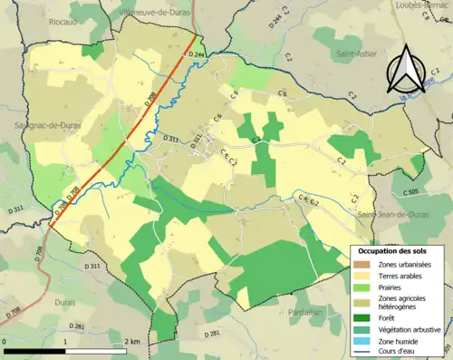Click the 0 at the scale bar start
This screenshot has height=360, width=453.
tap(6, 342)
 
